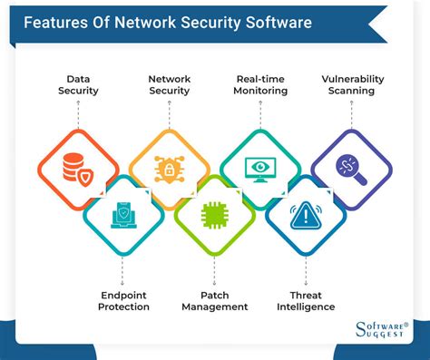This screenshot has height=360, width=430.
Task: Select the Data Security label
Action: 79,85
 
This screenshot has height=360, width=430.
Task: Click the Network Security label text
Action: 170,85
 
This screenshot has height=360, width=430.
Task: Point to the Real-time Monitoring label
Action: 259,85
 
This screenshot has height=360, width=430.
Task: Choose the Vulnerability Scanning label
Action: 352,85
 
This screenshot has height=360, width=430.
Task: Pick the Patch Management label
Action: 214,300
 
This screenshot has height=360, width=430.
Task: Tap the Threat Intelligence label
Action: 306,300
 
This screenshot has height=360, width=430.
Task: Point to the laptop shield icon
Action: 123,214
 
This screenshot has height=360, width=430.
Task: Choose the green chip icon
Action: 214,214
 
